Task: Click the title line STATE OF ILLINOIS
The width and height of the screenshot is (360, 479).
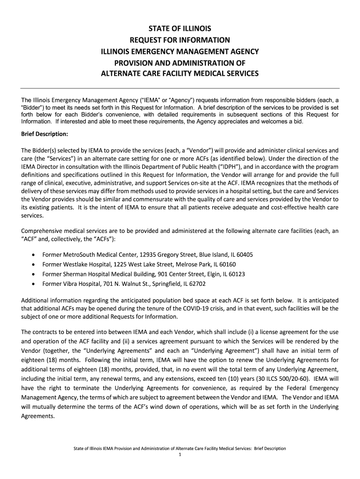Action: (180, 29)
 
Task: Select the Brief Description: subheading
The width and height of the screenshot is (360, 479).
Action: (45, 134)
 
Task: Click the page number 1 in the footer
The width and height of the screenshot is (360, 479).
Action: (180, 455)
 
